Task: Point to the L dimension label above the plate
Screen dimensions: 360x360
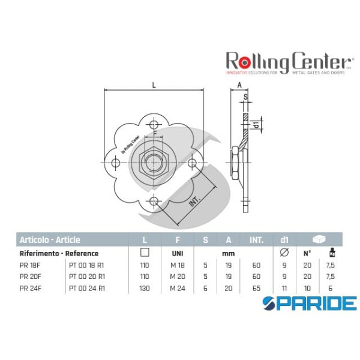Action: (x=154, y=86)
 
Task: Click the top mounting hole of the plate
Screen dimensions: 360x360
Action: (x=154, y=125)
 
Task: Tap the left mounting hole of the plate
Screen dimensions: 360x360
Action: (x=116, y=163)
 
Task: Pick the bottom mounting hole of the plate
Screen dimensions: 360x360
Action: (x=154, y=200)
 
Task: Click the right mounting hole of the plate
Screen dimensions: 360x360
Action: (x=191, y=163)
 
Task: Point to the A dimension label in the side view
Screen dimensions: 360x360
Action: (x=239, y=86)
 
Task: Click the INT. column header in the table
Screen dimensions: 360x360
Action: (x=257, y=240)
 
